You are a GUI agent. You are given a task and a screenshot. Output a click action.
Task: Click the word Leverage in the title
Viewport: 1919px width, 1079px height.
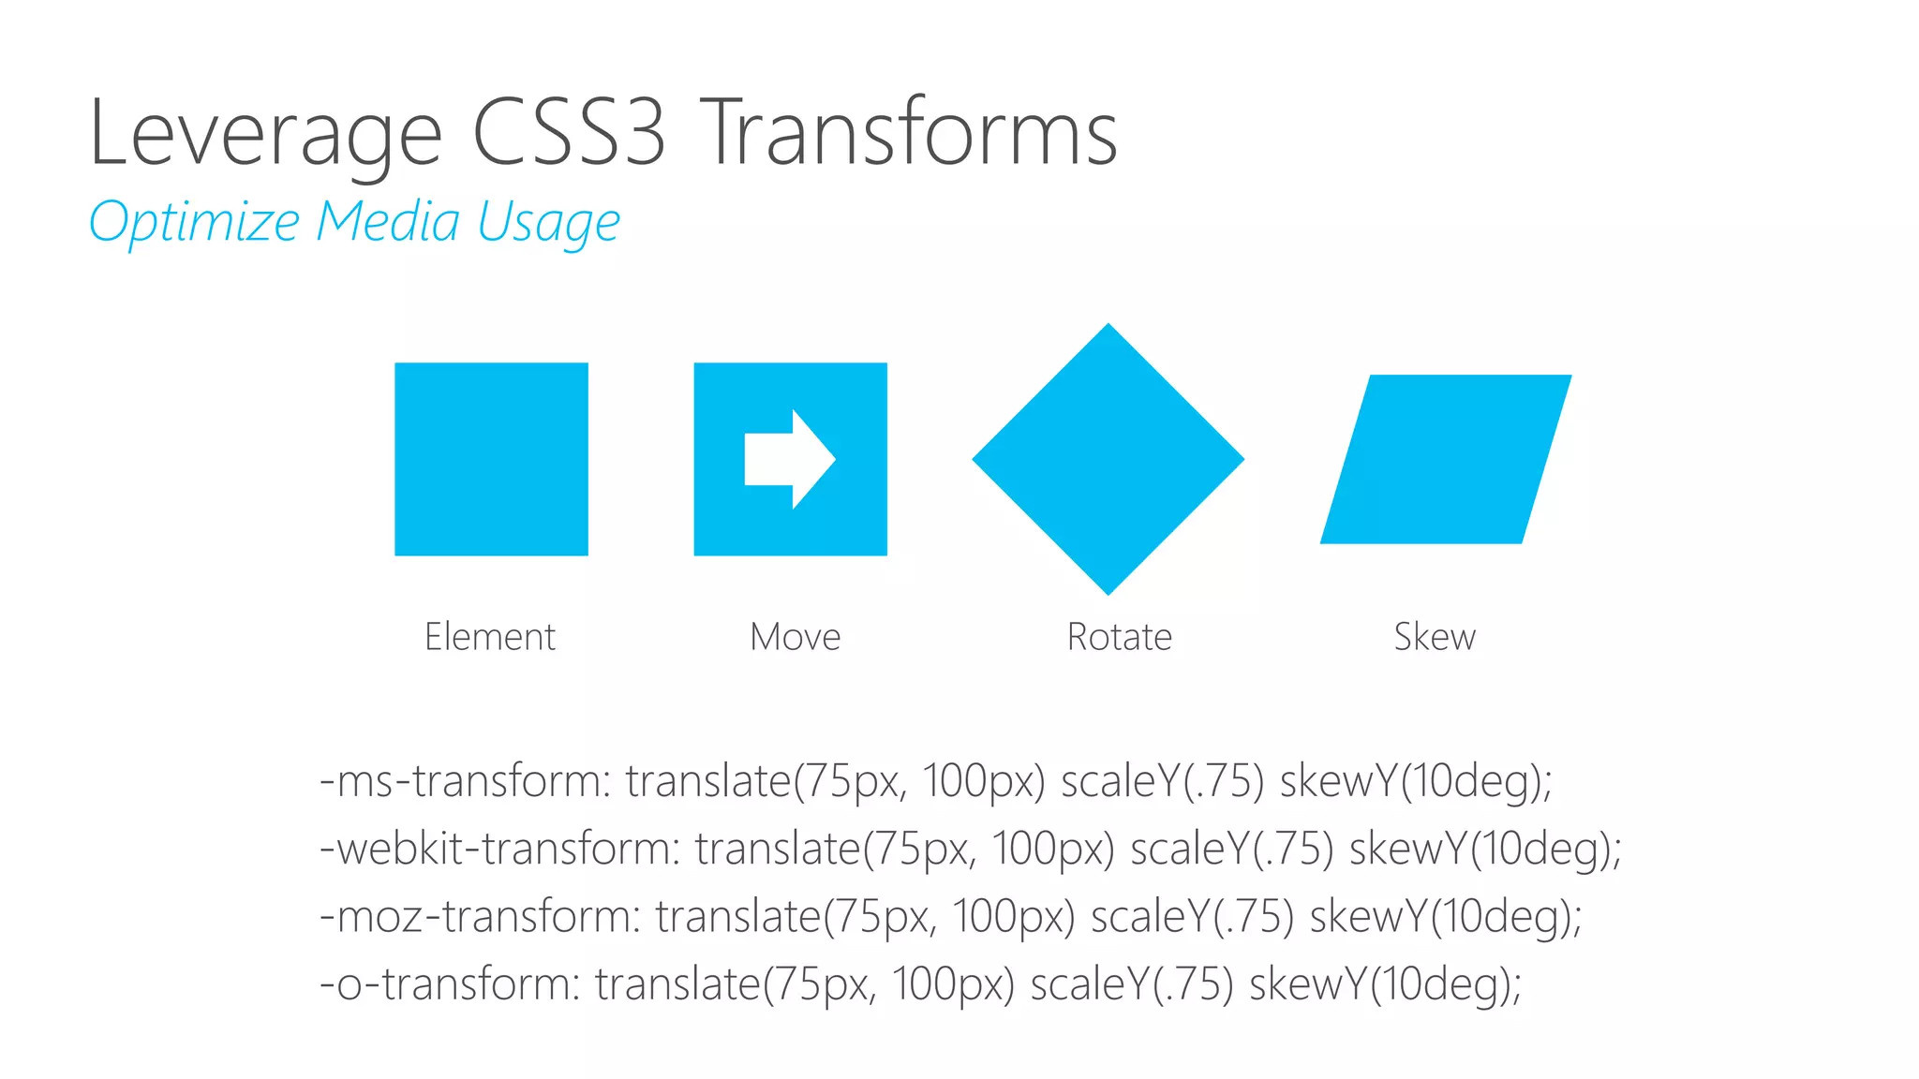coord(265,134)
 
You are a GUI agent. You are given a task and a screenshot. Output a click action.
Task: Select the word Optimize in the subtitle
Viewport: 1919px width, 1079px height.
coord(194,223)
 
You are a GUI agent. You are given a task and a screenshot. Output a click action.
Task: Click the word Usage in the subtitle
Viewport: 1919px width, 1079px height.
coord(548,223)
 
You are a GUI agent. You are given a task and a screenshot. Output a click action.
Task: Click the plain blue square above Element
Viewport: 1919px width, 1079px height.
coord(491,459)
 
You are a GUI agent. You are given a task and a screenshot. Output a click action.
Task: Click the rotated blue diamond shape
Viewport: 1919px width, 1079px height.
coord(1108,459)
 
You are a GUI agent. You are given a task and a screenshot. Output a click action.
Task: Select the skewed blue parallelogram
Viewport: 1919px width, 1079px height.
coord(1445,459)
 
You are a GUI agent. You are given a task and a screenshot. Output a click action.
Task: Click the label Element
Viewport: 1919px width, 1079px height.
coord(490,637)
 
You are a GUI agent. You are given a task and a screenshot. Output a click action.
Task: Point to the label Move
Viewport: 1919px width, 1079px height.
coord(795,637)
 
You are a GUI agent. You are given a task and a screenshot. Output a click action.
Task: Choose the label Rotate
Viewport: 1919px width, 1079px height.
coord(1119,637)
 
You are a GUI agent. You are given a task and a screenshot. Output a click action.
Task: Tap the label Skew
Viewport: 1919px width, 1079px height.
coord(1434,637)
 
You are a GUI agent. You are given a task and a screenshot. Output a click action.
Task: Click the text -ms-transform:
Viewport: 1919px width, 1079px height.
coord(465,781)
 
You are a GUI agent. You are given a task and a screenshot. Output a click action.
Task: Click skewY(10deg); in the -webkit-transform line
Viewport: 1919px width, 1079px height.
coord(1485,850)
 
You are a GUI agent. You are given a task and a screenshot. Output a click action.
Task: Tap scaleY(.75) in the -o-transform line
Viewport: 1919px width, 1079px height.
coord(1131,984)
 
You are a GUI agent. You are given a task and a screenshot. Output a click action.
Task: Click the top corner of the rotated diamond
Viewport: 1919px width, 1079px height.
coord(1108,328)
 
